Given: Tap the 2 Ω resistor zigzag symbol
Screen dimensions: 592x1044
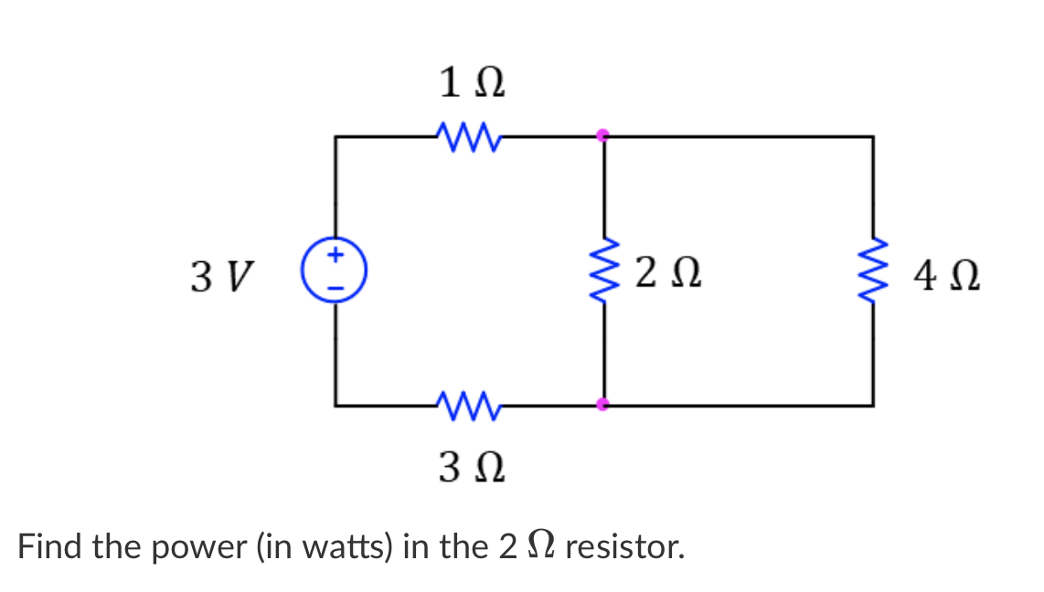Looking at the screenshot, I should click(x=603, y=271).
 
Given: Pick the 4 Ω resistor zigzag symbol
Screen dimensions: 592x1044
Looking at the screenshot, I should click(x=873, y=271).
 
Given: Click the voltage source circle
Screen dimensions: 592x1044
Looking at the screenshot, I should click(x=336, y=271).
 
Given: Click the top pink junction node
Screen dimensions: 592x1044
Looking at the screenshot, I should click(x=602, y=136).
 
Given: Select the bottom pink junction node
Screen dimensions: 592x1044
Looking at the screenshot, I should click(x=602, y=404).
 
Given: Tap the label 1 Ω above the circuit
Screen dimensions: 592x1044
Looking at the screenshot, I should click(x=471, y=85).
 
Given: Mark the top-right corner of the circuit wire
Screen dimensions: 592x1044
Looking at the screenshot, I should click(x=873, y=137).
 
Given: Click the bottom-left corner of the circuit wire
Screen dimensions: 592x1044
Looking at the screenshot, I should click(x=336, y=404).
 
